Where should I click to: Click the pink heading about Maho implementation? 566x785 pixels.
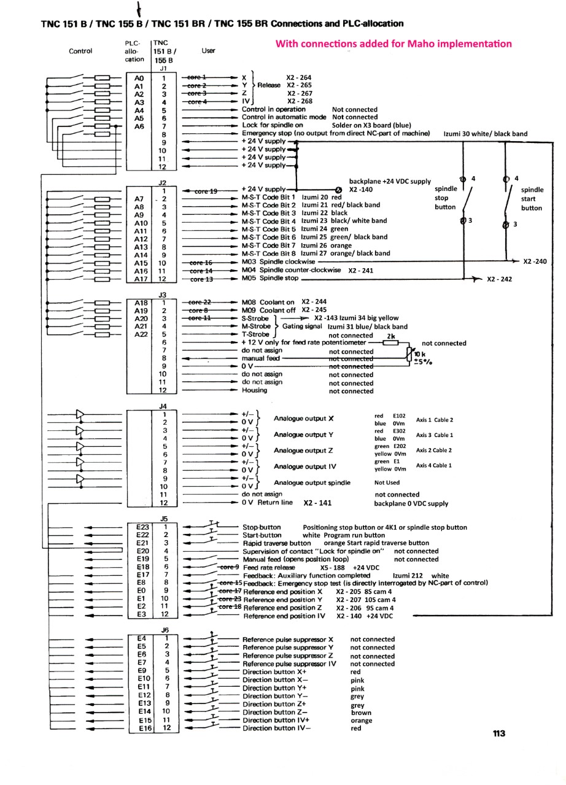(393, 44)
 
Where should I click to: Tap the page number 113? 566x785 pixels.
(499, 733)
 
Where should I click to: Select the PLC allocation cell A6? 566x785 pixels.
(139, 126)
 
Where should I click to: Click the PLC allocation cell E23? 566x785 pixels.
(142, 527)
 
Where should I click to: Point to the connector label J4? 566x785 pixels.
(163, 406)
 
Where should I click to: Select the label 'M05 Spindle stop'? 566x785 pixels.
(270, 278)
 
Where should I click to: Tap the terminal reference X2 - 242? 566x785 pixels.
(499, 279)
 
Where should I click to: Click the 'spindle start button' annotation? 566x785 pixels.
(531, 199)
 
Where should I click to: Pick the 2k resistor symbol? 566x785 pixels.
(390, 342)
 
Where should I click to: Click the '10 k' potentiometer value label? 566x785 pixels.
(419, 354)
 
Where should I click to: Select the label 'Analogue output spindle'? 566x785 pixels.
(312, 482)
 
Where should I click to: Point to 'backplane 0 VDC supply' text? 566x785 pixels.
(411, 504)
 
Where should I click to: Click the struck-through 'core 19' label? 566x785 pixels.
(206, 191)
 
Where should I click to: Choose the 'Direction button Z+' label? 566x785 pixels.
(274, 704)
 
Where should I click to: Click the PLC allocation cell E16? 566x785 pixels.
(145, 729)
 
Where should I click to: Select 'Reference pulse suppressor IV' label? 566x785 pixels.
(289, 663)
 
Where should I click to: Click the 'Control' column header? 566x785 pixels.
(80, 51)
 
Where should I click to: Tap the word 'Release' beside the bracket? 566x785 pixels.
(269, 85)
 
